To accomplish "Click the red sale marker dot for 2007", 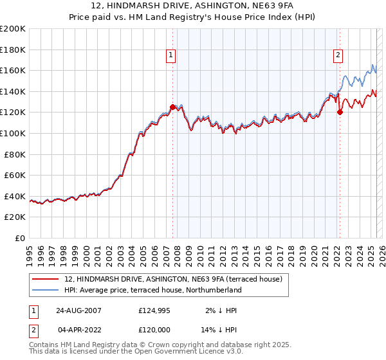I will tap(172, 107).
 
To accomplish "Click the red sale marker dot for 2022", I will tap(340, 113).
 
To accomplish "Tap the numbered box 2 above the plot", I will tap(338, 56).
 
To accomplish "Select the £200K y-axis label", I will tap(13, 29).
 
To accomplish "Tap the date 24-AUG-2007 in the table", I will tap(78, 310).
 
